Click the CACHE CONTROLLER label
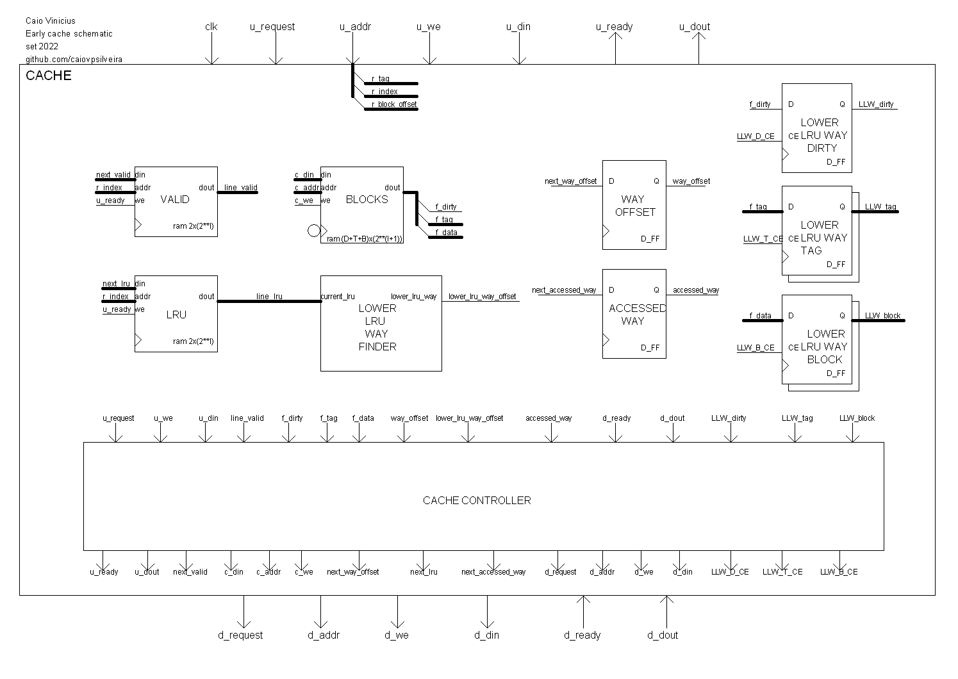477,500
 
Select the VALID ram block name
175,199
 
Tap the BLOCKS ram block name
367,199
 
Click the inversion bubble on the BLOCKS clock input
313,231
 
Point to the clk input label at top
211,27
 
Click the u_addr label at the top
355,27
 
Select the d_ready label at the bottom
582,635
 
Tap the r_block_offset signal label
393,104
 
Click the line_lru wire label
269,297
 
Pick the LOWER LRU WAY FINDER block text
377,327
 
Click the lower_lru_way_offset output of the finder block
482,297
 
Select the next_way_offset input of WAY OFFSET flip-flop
570,181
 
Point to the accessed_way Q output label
695,290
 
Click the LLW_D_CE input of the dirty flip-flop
756,136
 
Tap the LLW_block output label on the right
882,316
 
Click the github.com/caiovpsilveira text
74,59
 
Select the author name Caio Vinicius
50,21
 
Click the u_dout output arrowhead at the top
698,37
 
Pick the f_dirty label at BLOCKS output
446,207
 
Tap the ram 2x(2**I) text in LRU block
193,341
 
